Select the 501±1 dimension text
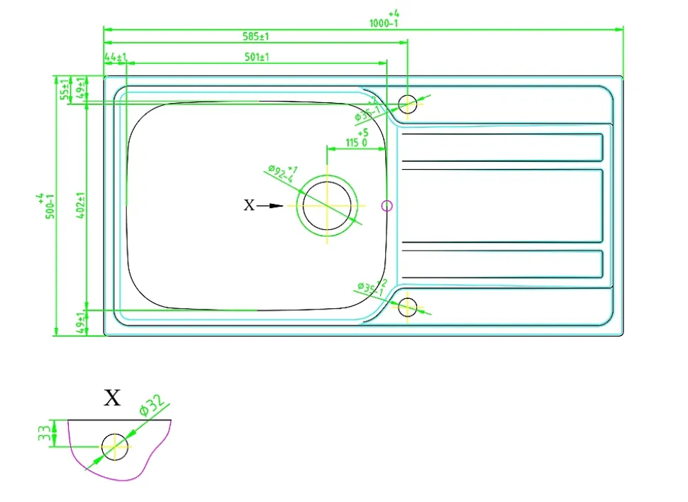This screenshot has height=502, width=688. click(255, 57)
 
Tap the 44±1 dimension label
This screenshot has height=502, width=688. click(115, 57)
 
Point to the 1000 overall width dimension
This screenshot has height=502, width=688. click(384, 23)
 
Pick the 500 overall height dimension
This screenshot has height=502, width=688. click(50, 206)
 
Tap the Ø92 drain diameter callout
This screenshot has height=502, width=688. click(282, 173)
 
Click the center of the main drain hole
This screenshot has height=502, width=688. click(327, 205)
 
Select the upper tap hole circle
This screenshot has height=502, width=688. click(407, 104)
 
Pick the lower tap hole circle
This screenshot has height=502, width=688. click(407, 307)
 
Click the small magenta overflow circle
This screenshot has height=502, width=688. click(387, 206)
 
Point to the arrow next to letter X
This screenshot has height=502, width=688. click(270, 206)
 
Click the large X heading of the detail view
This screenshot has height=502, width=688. click(113, 398)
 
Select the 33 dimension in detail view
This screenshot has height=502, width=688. click(45, 432)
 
